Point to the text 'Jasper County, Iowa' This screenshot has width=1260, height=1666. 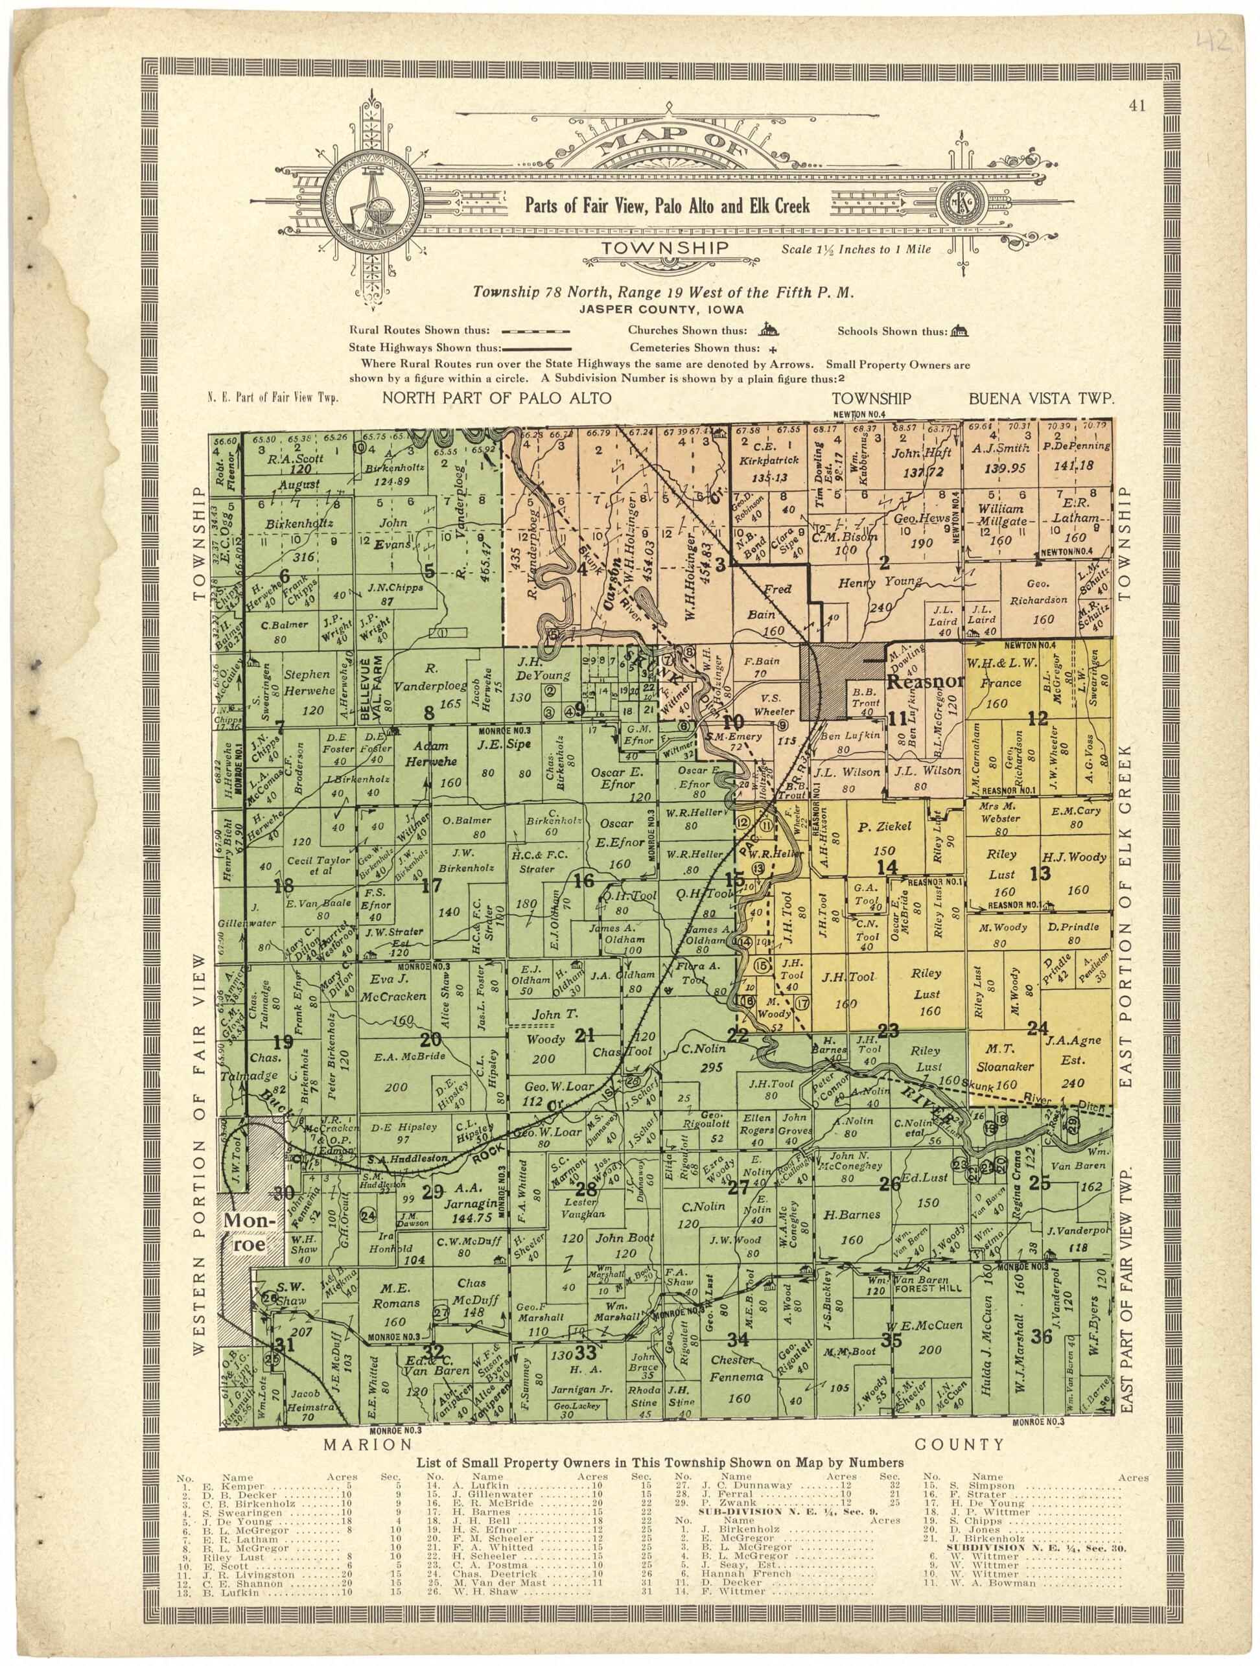pyautogui.click(x=661, y=310)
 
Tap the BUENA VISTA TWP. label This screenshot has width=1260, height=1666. pyautogui.click(x=1040, y=399)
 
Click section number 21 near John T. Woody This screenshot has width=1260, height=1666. pyautogui.click(x=585, y=1035)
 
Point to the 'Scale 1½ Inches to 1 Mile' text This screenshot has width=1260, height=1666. pyautogui.click(x=857, y=249)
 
